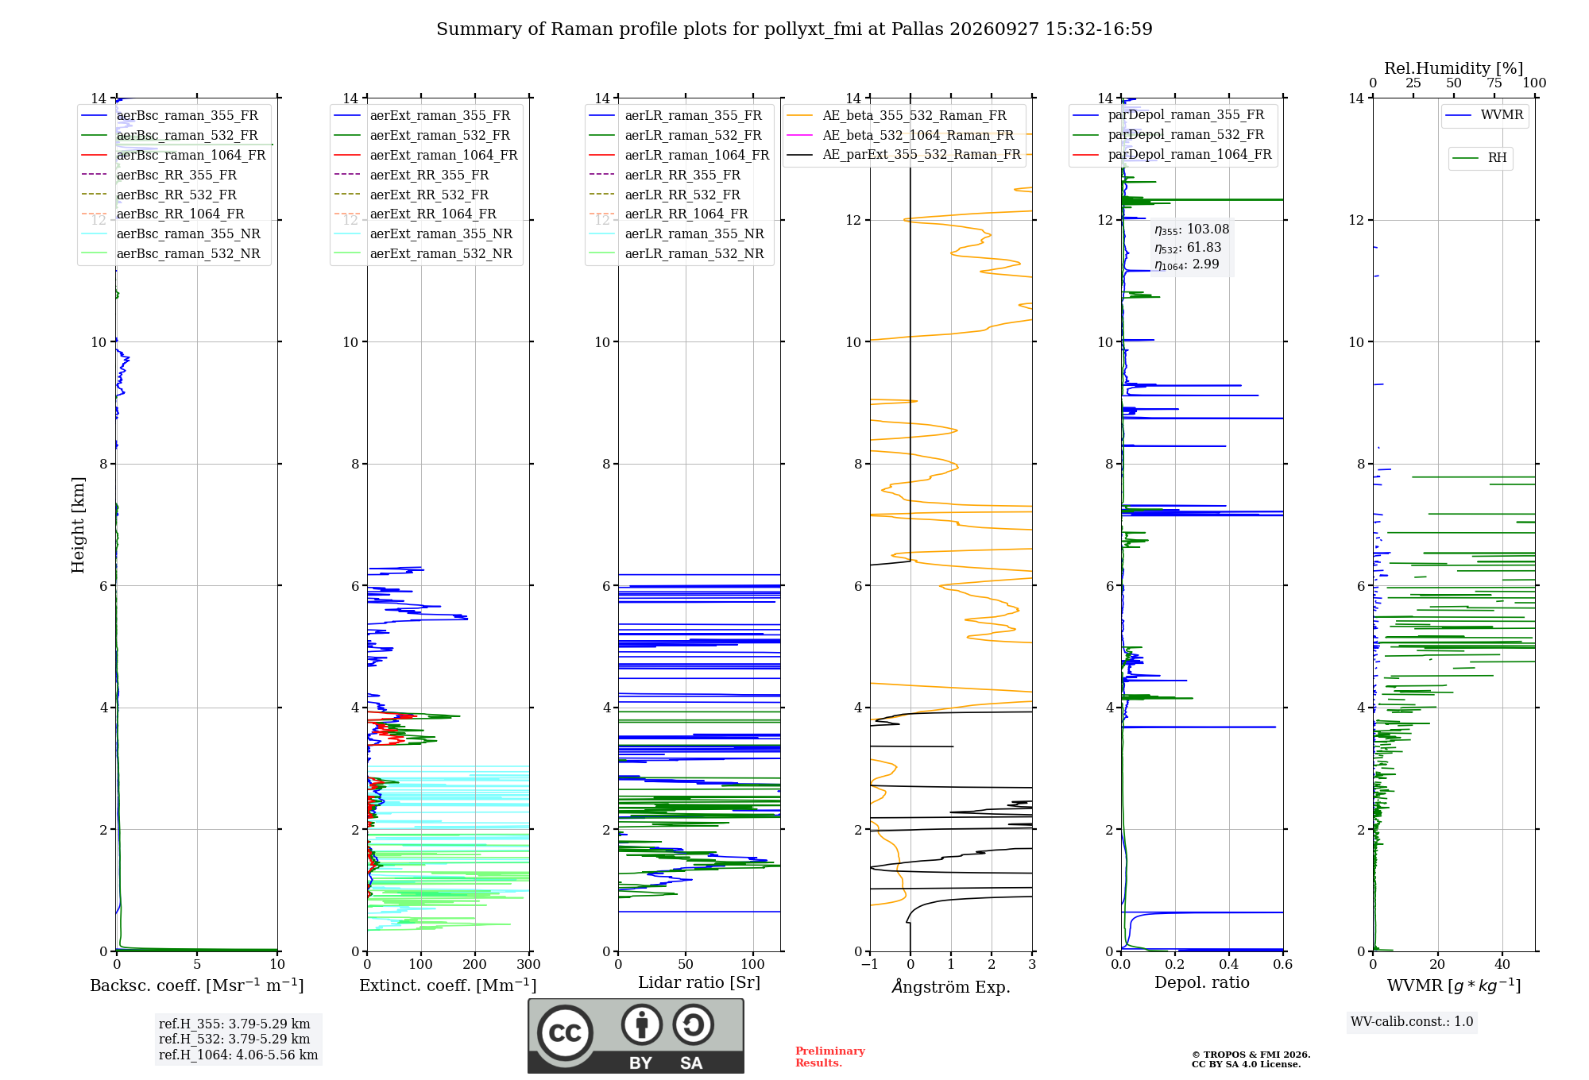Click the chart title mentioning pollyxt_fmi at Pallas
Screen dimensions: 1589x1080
point(794,29)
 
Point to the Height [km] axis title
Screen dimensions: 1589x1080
point(78,525)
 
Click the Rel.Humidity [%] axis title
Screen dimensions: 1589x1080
point(1454,68)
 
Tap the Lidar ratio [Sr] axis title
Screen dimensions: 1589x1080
point(699,982)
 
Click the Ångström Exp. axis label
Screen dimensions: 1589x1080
point(951,986)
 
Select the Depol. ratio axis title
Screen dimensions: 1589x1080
point(1202,982)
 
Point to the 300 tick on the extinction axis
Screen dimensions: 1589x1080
point(529,964)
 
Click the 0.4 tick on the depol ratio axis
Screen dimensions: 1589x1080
point(1229,964)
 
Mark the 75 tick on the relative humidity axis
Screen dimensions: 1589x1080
point(1494,83)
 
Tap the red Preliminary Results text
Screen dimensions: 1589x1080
point(830,1057)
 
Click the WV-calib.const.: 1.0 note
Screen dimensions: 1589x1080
point(1412,1022)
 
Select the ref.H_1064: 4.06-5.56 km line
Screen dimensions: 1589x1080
point(238,1055)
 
